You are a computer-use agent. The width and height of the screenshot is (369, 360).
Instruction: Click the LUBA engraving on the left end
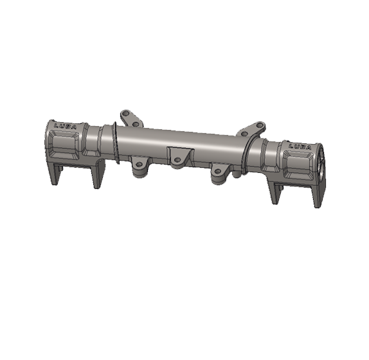tap(66, 127)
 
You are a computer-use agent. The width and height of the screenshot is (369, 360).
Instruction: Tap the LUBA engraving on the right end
tap(300, 147)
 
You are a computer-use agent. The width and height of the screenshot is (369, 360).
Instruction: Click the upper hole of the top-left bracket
tap(127, 114)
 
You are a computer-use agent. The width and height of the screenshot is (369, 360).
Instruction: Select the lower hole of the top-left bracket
tap(136, 124)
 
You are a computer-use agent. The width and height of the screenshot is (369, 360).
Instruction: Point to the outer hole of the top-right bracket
tap(259, 125)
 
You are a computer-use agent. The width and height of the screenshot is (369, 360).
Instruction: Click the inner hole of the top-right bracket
tap(244, 134)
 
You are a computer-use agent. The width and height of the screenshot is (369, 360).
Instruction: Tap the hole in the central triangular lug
tap(177, 160)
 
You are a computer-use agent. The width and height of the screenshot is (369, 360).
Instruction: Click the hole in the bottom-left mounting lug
tap(139, 164)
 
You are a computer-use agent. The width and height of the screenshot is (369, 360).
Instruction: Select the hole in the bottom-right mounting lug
tap(218, 171)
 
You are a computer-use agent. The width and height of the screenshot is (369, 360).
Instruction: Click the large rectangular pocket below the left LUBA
tap(64, 144)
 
